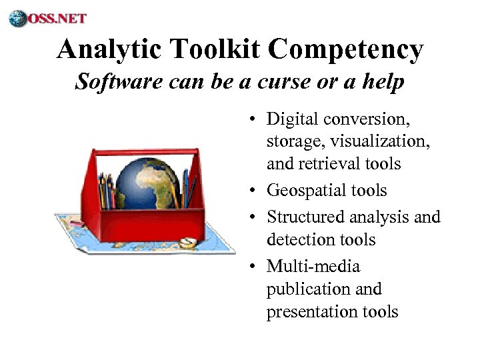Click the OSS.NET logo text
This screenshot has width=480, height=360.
[57, 18]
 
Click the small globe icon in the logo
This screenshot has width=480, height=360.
[18, 18]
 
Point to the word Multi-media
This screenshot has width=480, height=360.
[313, 267]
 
